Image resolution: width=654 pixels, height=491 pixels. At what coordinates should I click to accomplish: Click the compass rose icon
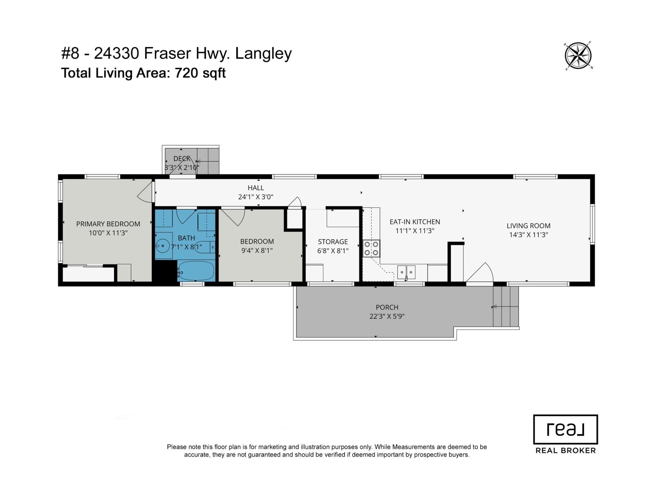coord(578,56)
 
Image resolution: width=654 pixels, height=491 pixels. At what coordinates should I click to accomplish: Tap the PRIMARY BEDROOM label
coord(108,224)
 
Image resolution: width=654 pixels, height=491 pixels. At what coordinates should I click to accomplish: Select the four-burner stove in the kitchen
coord(371,249)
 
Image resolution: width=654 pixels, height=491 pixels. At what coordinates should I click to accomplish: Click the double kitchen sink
coord(406,272)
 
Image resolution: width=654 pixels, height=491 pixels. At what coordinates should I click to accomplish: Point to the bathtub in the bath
coord(196,271)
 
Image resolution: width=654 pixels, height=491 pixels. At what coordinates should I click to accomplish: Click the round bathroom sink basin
coord(163,245)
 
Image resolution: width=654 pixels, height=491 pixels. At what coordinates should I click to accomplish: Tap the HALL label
coord(255,188)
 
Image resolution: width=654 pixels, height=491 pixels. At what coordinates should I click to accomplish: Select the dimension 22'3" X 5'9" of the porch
coord(387,316)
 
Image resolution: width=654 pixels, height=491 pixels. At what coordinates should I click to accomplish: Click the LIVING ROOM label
coord(529,226)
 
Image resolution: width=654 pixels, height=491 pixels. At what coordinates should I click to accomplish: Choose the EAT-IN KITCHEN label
coord(415,222)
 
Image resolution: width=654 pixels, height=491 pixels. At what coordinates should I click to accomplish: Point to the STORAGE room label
coord(333,242)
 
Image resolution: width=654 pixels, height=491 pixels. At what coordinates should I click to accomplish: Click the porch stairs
coord(506,306)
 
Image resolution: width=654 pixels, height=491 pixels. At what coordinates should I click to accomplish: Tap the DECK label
coord(182,159)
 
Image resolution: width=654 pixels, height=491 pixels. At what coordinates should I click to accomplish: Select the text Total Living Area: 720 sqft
coord(143,73)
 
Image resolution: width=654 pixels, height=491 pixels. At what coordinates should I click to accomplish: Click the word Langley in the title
coord(263,54)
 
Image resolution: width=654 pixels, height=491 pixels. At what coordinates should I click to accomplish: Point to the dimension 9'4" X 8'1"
coord(257,251)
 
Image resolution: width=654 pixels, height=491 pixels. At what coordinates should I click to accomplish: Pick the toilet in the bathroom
coord(205,247)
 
